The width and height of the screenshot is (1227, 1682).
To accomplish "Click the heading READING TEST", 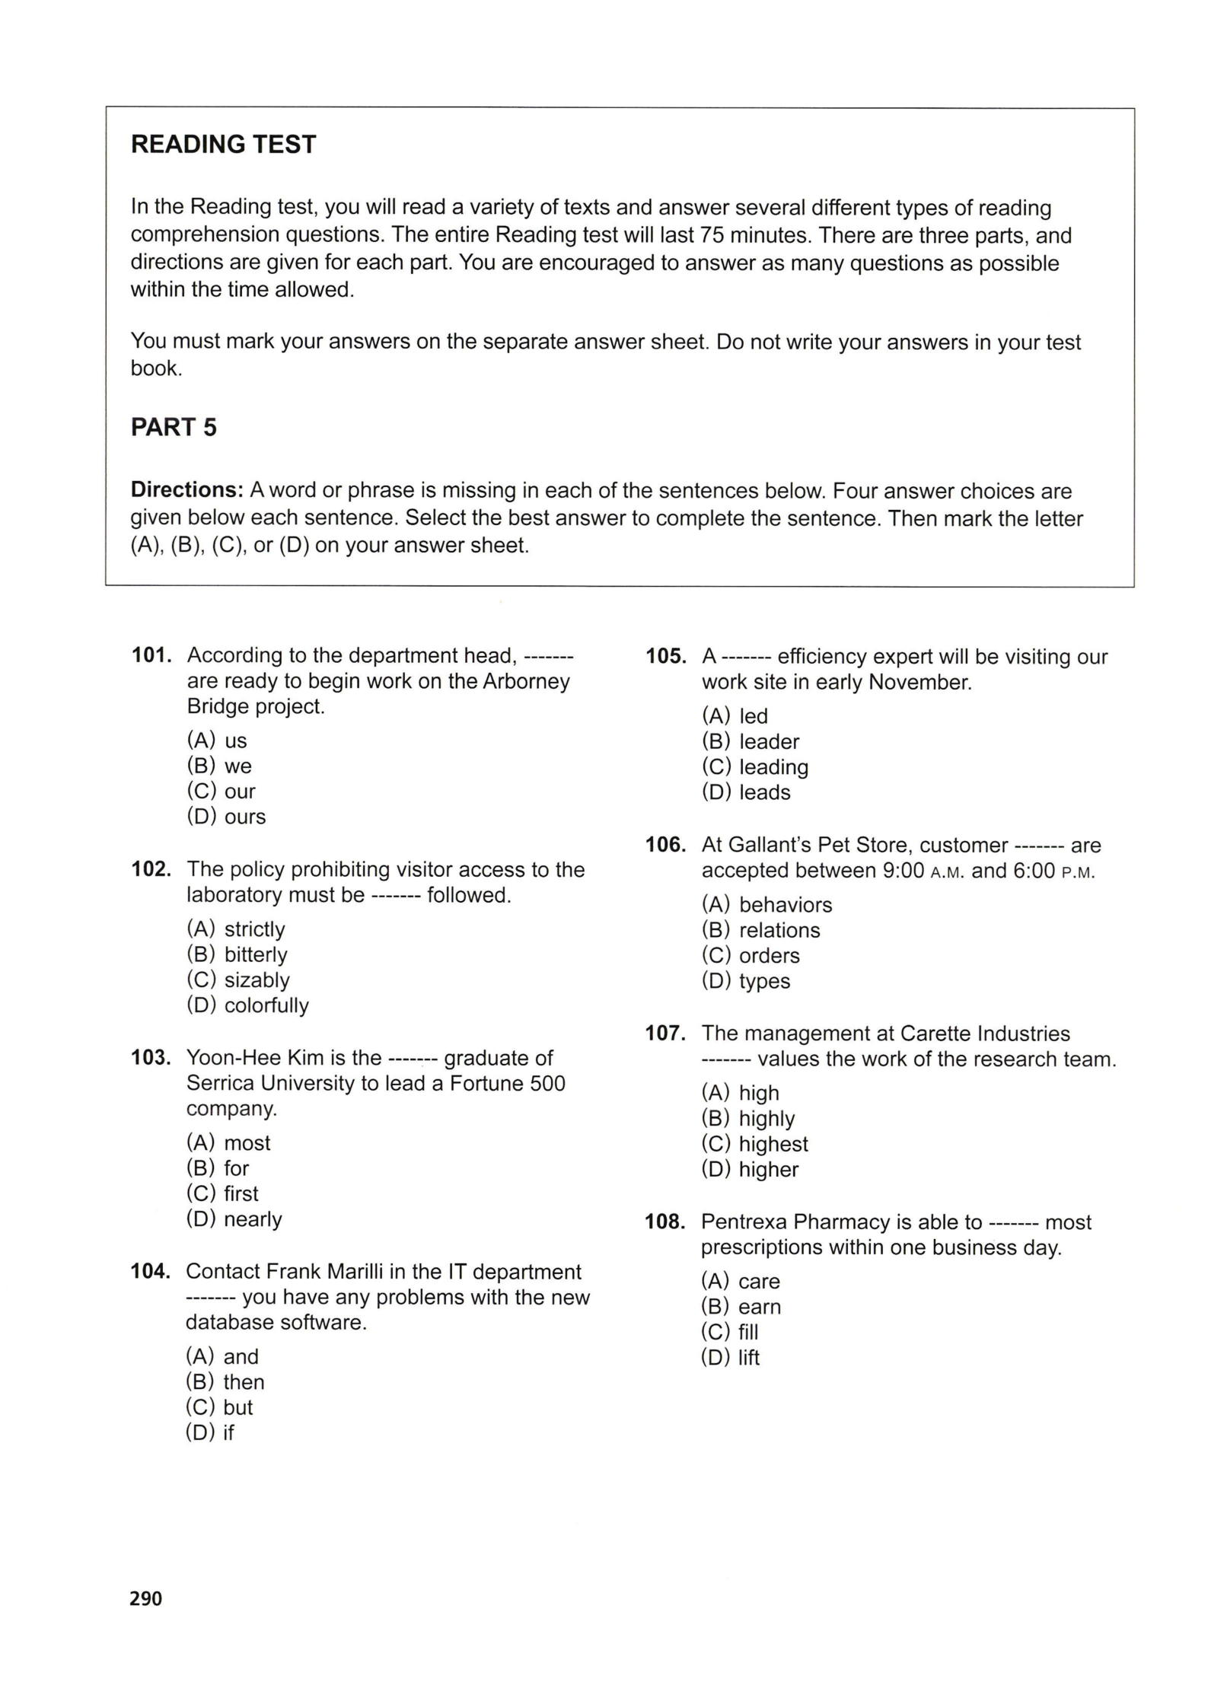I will (223, 145).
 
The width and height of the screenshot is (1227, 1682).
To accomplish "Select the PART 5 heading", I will (174, 428).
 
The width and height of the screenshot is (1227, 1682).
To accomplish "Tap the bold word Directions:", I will (186, 491).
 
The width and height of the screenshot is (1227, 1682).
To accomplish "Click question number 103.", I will (151, 1058).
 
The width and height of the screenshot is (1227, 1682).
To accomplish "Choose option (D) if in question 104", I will (210, 1432).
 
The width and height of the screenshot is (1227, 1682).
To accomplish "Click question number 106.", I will (665, 846).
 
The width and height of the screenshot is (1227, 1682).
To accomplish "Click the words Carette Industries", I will (985, 1034).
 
